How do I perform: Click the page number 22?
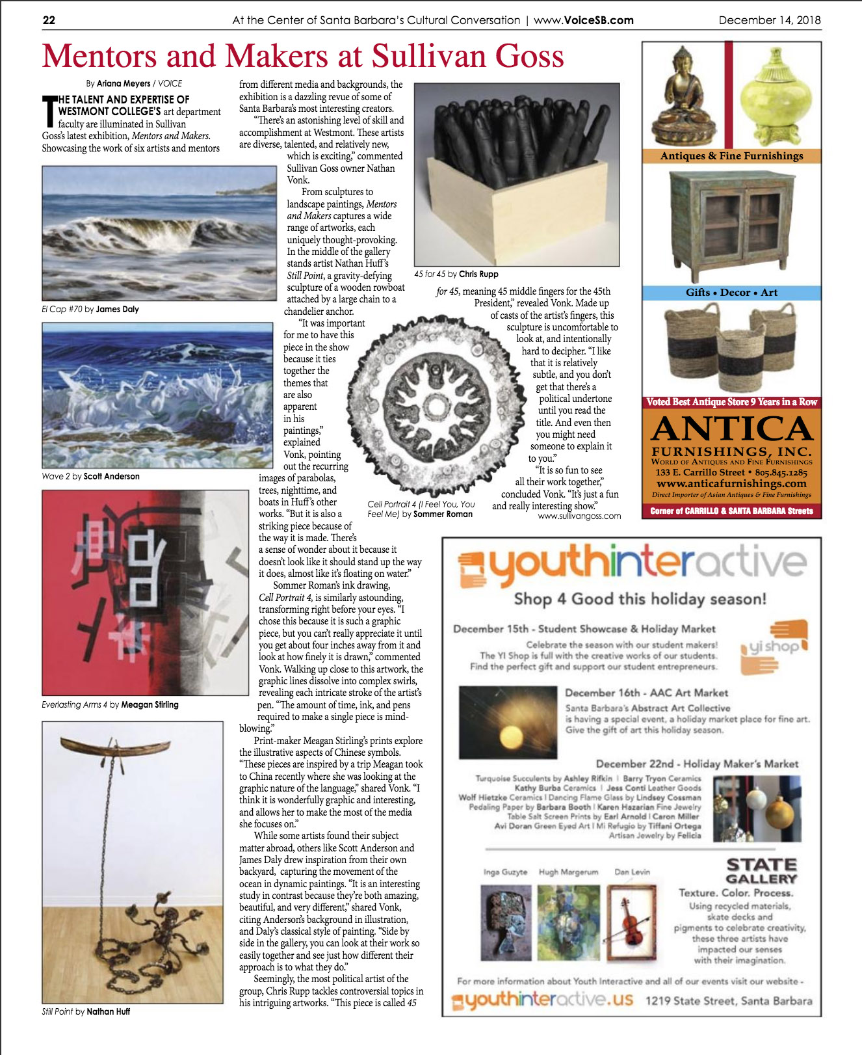point(49,20)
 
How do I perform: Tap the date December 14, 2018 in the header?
point(769,20)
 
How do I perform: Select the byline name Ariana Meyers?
point(124,83)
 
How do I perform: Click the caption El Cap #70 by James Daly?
point(90,309)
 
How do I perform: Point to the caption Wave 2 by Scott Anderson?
point(90,476)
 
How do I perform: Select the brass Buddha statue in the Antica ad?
point(683,98)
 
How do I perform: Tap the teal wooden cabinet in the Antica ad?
point(731,221)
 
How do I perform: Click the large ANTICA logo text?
point(731,429)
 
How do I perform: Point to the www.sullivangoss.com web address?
point(579,516)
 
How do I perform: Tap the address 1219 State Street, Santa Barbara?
point(728,1000)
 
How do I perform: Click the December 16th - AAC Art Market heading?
point(646,693)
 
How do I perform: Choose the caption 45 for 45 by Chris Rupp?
point(456,274)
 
